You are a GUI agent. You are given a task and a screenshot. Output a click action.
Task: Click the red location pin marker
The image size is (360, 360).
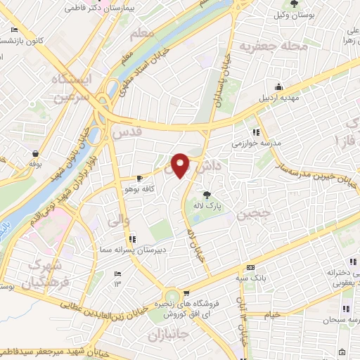pyautogui.click(x=181, y=165)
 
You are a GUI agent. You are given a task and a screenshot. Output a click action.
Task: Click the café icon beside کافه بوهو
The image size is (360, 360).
pyautogui.click(x=140, y=178)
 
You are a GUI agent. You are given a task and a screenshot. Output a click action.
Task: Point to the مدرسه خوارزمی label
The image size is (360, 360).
pyautogui.click(x=257, y=142)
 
